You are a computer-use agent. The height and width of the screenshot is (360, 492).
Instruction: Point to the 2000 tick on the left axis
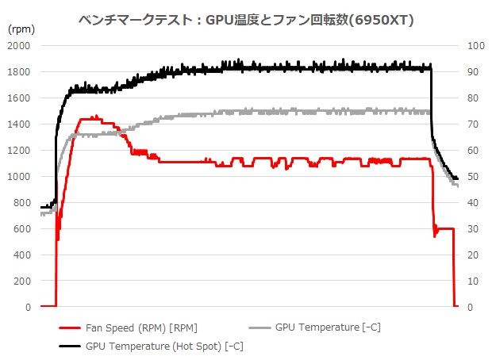[18, 46]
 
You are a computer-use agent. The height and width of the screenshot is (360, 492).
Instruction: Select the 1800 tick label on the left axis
[18, 72]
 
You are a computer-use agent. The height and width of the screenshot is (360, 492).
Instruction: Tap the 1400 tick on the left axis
[18, 124]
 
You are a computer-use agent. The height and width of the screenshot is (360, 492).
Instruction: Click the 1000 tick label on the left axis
[18, 177]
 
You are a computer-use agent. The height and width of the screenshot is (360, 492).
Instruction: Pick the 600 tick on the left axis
[21, 229]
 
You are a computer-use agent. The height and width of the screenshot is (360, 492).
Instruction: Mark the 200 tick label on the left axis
[21, 281]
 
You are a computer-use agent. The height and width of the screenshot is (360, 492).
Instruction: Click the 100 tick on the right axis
[478, 46]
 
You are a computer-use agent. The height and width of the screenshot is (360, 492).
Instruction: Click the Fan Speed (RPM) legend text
[141, 327]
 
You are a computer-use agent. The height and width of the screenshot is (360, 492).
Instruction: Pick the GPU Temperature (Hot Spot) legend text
[164, 346]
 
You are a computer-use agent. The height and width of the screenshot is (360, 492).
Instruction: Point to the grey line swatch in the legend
[260, 327]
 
